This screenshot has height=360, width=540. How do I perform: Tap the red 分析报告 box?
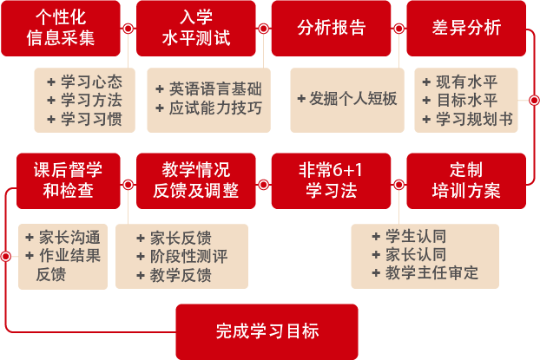tap(331, 29)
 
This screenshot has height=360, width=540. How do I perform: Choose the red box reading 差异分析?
tap(465, 29)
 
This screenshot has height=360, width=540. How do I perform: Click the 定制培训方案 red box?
tap(465, 180)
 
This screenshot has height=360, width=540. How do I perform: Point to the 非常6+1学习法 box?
tap(331, 180)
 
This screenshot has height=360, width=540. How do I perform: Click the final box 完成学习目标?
tap(267, 331)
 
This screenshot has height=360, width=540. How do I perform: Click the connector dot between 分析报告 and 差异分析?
tap(398, 29)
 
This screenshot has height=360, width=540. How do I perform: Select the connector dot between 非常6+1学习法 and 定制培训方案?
tap(398, 182)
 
